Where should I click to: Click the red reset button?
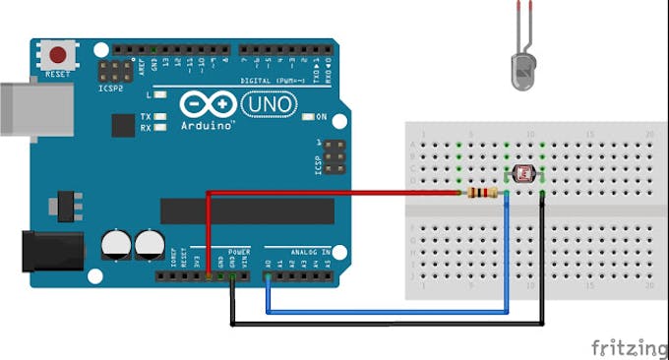(x=58, y=55)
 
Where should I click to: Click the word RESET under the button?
(x=58, y=74)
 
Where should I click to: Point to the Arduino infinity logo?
(x=208, y=105)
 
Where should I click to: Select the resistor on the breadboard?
(x=483, y=192)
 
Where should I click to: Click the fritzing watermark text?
(x=630, y=348)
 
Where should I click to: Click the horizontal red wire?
(x=334, y=193)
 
